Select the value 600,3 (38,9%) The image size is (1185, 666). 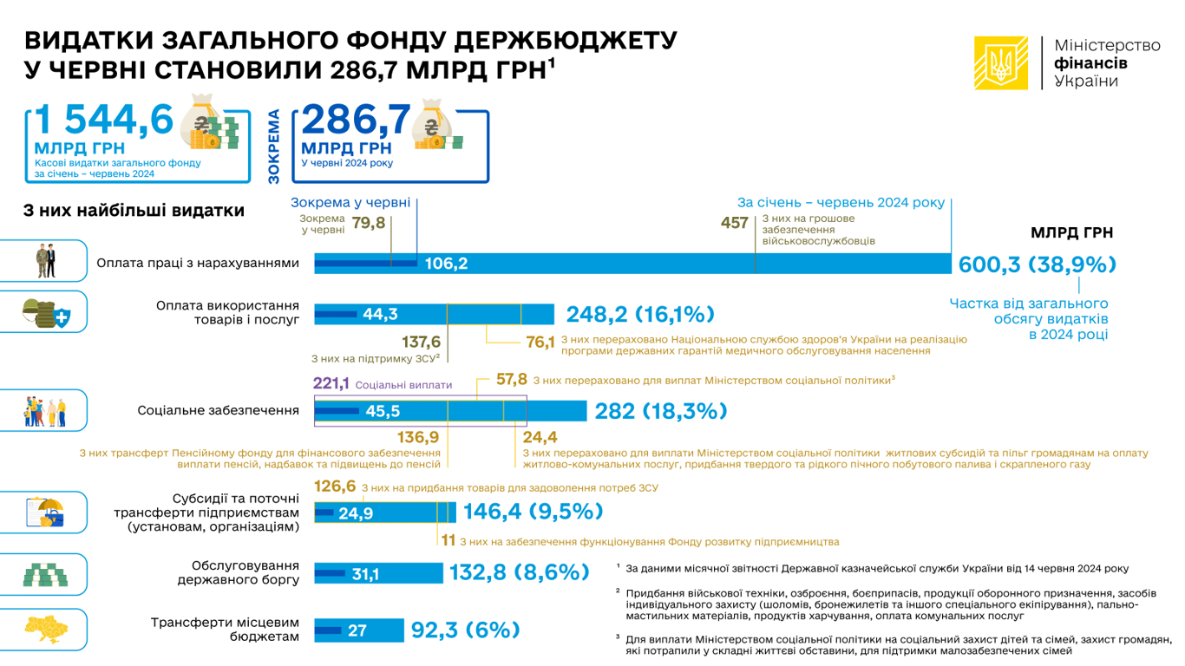coord(1036,264)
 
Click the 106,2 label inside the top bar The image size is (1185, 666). coord(446,264)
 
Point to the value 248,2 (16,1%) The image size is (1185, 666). coord(640,314)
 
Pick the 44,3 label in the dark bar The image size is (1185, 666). coord(380,314)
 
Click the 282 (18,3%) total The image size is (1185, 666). coord(660,411)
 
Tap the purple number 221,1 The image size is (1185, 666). coord(331,383)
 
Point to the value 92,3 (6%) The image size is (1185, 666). coord(465,630)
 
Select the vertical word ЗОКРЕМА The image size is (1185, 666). coord(274,146)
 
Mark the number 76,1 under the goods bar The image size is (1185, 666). coord(540,343)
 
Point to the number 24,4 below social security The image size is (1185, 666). coord(540,437)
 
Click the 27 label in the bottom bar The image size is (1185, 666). coord(357,630)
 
